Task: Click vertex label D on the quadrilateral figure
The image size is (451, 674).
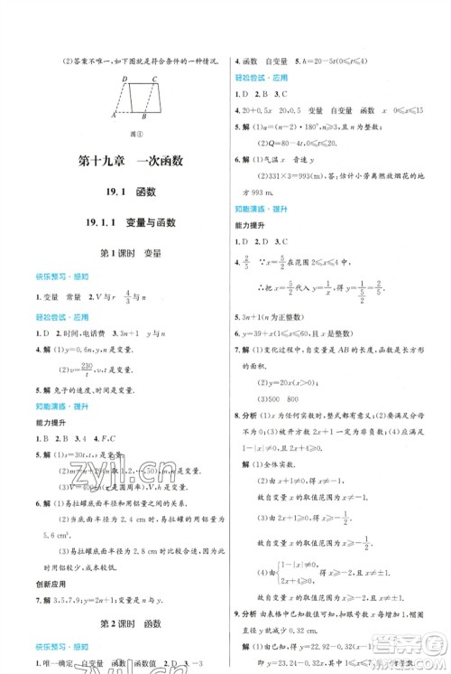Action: (x=119, y=78)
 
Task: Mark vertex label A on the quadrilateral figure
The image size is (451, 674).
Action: (x=113, y=117)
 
